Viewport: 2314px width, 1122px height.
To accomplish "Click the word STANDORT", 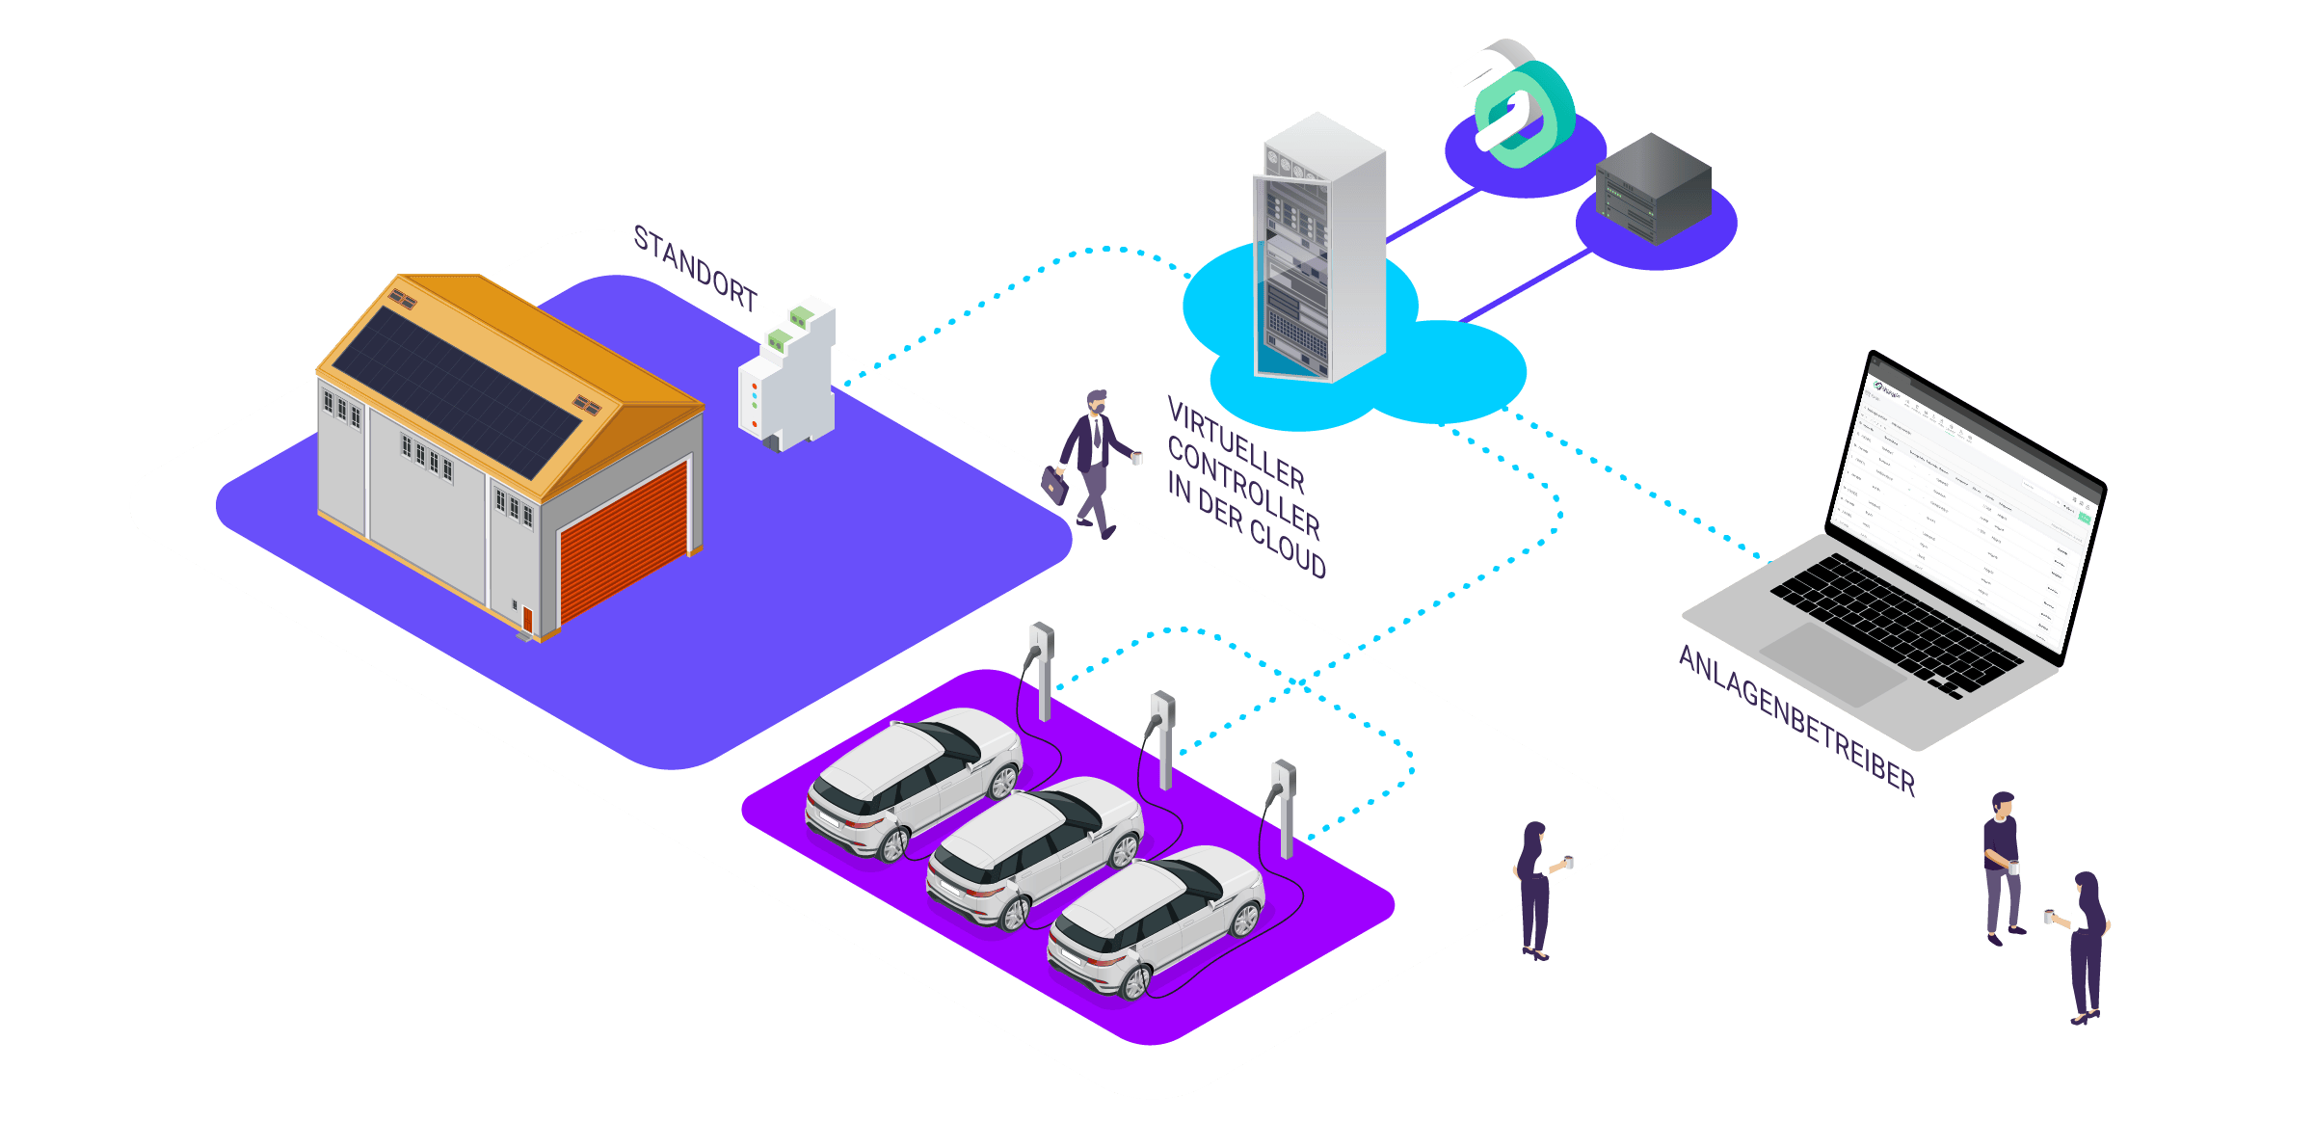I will (x=695, y=267).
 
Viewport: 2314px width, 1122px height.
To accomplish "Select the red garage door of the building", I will (x=624, y=542).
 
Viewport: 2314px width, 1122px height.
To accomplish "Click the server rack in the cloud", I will (x=1317, y=251).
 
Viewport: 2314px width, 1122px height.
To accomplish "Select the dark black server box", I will (x=1653, y=188).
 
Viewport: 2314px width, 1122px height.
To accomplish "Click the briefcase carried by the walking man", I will (x=1055, y=485).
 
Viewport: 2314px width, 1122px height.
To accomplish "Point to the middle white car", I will (x=1036, y=848).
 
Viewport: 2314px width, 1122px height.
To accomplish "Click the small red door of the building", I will (x=527, y=619).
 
